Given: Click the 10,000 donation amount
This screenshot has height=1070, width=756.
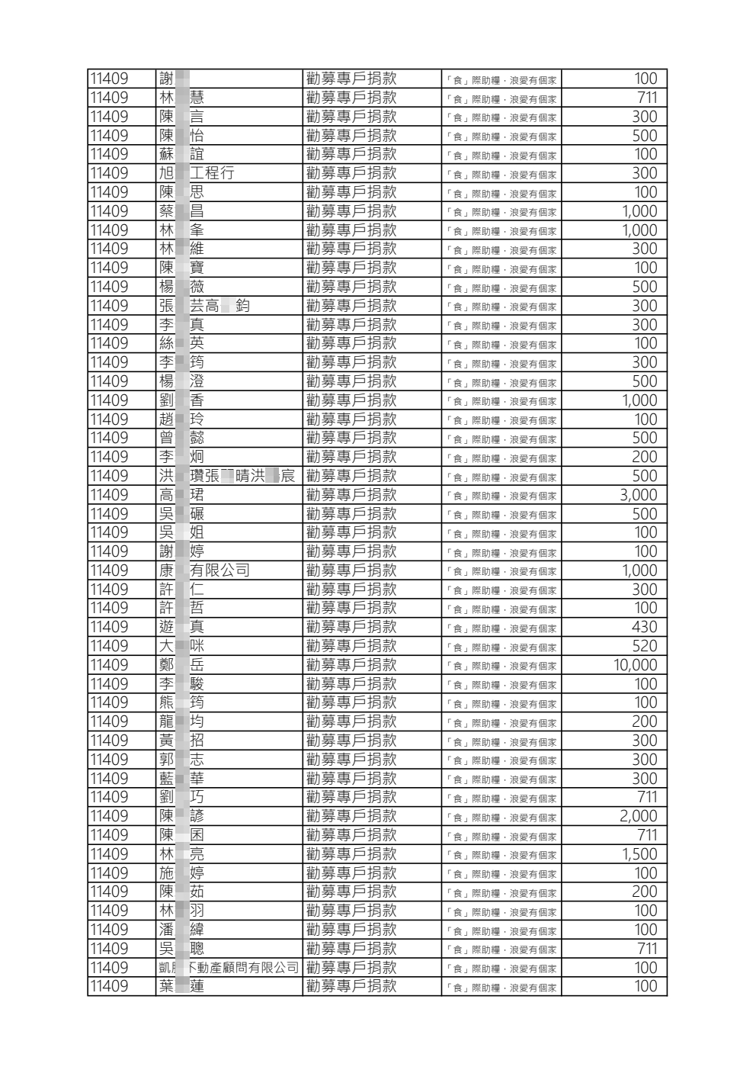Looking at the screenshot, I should coord(635,665).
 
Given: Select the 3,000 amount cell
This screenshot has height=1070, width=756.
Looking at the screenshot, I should coord(639,495).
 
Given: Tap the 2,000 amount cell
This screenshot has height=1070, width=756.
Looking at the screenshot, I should coord(639,816).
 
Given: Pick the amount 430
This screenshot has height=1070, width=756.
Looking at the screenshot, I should coord(644,627).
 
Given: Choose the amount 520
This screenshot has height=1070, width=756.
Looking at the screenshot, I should coord(644,646).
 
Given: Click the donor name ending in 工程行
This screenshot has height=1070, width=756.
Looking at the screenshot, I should coord(197,173).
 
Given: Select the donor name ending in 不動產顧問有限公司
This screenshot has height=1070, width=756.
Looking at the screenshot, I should coord(229,968).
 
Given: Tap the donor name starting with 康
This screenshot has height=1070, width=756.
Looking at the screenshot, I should coord(204,570).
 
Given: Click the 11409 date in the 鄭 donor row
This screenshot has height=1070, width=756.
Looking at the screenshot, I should coord(109,665).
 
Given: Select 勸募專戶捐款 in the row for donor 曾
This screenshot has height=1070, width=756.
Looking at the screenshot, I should coord(351,438).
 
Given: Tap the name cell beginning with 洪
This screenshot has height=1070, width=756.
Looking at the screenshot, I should coord(227,476).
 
